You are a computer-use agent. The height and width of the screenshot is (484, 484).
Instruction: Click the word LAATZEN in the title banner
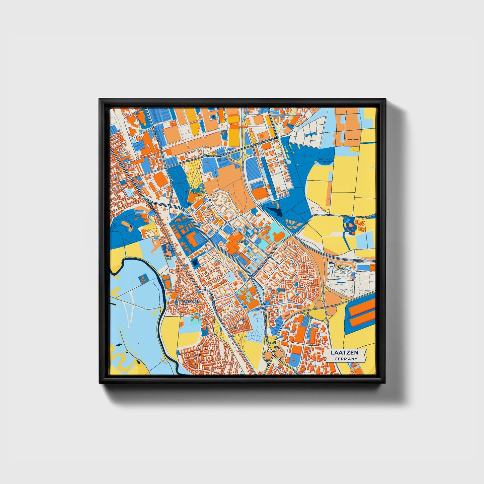344,352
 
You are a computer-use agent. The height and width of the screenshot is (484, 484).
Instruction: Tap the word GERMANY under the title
346,359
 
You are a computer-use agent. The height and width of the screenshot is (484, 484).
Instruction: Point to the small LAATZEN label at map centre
242,241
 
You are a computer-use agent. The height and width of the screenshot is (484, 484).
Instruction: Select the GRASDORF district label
190,301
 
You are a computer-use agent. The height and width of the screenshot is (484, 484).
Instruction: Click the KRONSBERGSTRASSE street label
215,156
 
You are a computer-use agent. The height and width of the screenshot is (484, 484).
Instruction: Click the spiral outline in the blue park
324,161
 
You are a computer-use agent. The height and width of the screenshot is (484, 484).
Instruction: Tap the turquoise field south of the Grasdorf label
193,323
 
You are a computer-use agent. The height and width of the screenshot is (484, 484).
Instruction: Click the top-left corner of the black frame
100,100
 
